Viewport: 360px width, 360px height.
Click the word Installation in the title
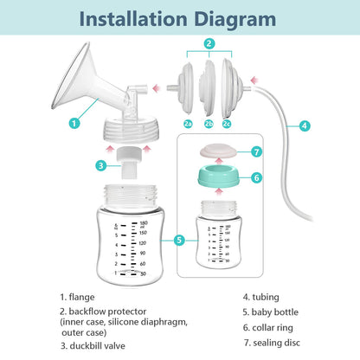pos(133,19)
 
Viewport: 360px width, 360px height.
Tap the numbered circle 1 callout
pos(74,124)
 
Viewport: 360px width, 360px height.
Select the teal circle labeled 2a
pos(188,124)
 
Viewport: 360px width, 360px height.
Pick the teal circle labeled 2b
pos(209,124)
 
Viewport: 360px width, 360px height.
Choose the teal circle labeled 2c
pos(227,124)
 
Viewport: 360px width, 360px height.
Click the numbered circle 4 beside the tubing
pos(305,125)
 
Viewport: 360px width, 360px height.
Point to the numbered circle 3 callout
pos(101,165)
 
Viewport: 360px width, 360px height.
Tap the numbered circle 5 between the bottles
pos(179,240)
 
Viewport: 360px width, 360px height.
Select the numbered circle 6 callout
pos(257,177)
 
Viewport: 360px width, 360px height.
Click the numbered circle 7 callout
pos(256,151)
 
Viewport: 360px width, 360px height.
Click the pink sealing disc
pos(218,151)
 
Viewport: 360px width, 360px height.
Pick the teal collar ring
pos(218,176)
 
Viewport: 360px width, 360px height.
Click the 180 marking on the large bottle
pos(144,223)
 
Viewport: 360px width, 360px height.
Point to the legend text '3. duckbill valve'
pos(93,346)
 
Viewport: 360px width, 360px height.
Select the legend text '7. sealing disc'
pos(272,343)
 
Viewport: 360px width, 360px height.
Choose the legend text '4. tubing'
pos(261,297)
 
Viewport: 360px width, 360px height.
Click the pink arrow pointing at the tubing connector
pos(254,80)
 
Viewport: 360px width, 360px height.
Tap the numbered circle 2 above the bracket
pos(209,44)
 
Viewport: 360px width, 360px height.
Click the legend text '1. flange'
pos(77,297)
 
